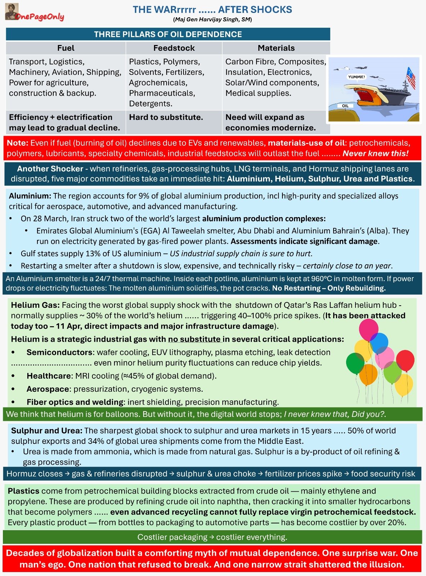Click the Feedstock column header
coord(174,48)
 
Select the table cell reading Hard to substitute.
coord(166,117)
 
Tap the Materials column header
coord(276,48)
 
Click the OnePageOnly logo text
coord(40,17)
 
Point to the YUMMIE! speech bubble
coord(356,77)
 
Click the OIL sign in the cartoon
coord(345,106)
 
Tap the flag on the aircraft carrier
coord(411,77)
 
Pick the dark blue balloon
coord(379,342)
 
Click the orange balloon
coord(368,374)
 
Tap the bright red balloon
coord(405,360)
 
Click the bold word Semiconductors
coord(59,352)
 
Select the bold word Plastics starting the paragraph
coord(23,491)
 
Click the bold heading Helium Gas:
coord(35,305)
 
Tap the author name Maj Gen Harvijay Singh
coord(212,19)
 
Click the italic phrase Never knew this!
coord(375,153)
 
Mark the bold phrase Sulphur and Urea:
coord(47,431)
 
